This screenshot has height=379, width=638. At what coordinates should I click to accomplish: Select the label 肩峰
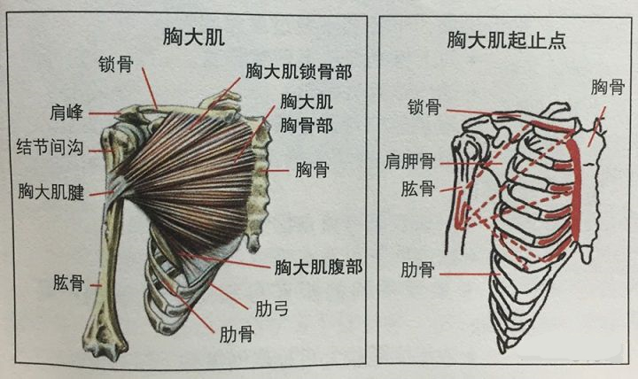pos(67,112)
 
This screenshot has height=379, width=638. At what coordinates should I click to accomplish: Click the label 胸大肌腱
pos(51,191)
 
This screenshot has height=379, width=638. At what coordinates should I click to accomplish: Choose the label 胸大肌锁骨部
pos(297,70)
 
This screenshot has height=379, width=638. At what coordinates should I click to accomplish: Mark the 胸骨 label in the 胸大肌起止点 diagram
pos(607,87)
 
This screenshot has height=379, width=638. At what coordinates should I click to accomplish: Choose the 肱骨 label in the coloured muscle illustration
pos(67,282)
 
